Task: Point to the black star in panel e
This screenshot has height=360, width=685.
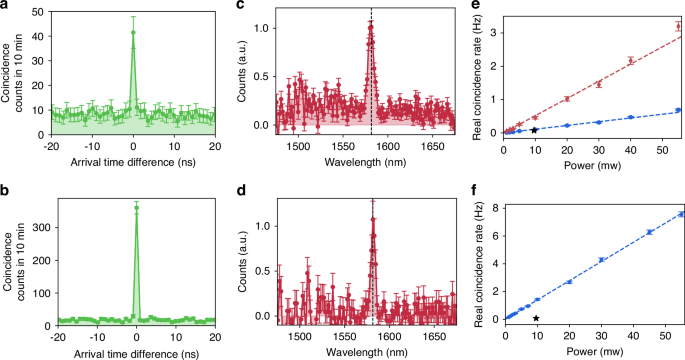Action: pos(535,130)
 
